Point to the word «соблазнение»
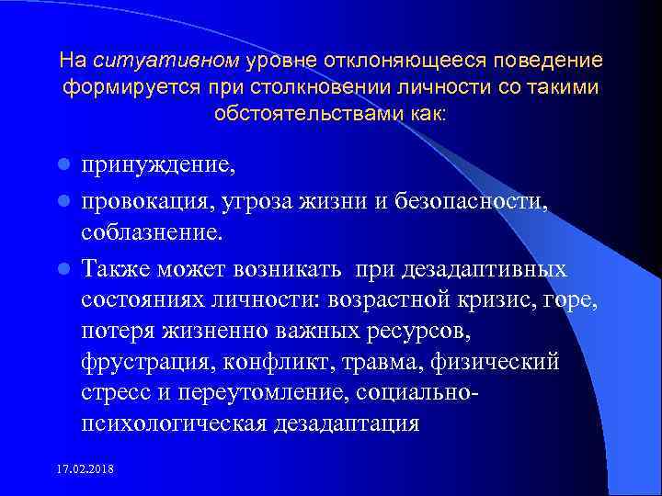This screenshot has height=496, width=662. pos(151,232)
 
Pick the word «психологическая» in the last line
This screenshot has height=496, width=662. pos(173,424)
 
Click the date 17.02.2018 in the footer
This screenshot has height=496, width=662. pos(86,468)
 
